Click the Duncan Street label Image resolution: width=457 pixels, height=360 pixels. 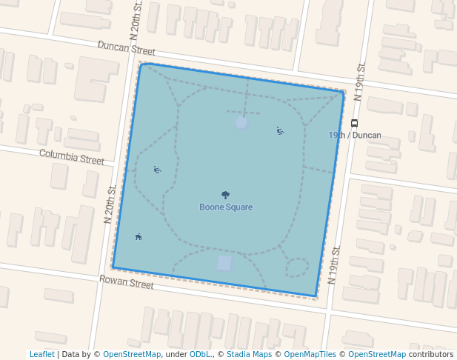tap(127, 48)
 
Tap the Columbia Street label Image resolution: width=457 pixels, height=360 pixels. tap(72, 157)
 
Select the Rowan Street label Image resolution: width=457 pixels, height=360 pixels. tap(127, 282)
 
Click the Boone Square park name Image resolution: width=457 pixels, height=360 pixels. tap(226, 207)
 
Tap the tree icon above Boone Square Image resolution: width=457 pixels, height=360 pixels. tap(226, 196)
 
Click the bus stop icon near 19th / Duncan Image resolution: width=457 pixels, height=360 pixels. tap(355, 123)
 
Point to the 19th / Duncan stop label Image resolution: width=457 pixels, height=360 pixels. tap(355, 136)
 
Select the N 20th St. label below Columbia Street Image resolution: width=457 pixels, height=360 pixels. tap(110, 204)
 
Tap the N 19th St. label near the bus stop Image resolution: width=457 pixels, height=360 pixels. tap(360, 82)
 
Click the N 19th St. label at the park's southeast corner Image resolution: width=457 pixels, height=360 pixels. tap(334, 264)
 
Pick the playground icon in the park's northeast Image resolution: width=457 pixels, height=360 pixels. tap(280, 131)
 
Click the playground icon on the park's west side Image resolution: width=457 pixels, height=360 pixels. tap(157, 170)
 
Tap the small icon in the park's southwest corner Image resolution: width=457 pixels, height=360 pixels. tap(139, 237)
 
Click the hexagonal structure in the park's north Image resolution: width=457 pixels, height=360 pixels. tap(241, 122)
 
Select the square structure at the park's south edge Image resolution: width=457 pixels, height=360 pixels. tap(224, 263)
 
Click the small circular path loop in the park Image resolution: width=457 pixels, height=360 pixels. tap(297, 267)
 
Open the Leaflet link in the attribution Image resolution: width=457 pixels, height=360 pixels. tap(41, 354)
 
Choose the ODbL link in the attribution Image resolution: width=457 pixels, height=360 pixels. tap(199, 354)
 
